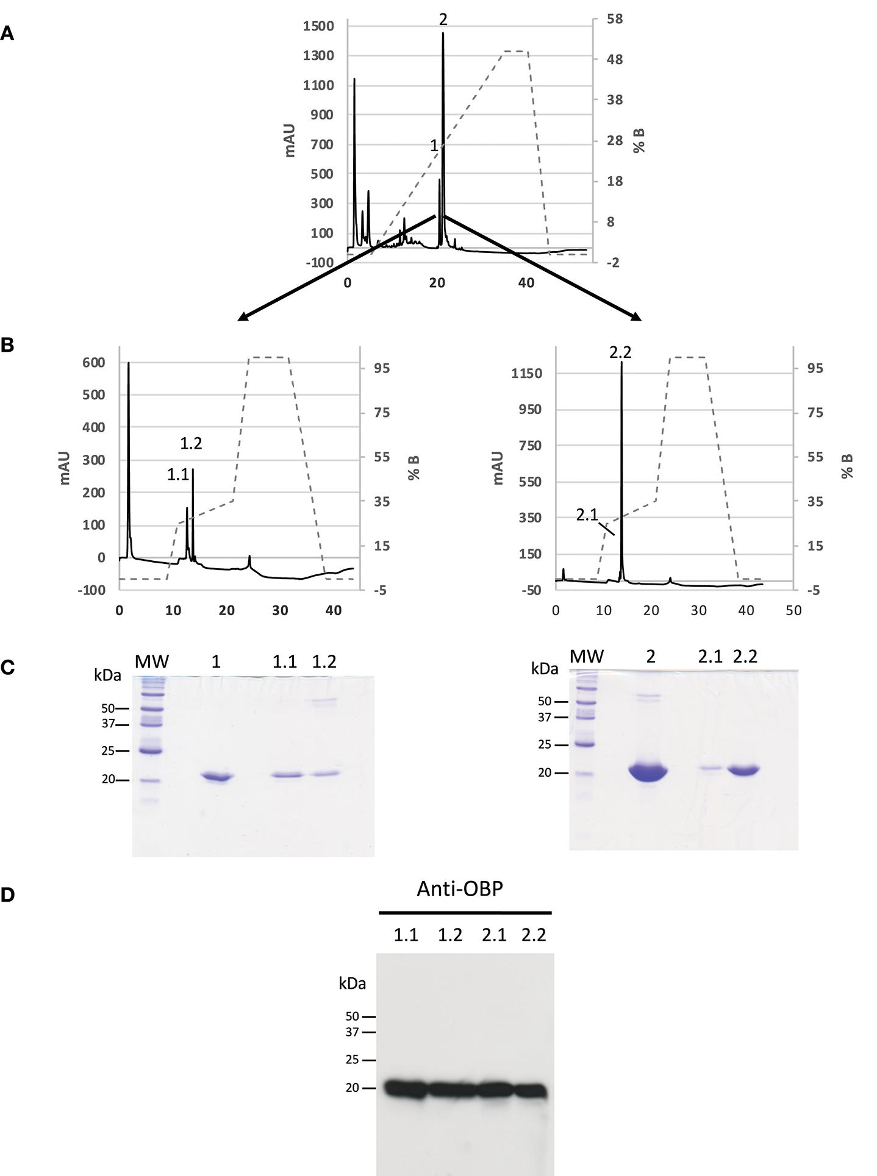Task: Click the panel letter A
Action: pos(7,34)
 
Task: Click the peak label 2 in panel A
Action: pos(443,20)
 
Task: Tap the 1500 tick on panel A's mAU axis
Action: pos(318,26)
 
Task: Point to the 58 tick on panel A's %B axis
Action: pos(614,20)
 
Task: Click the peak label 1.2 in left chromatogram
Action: pos(191,444)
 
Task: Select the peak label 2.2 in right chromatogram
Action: pos(620,352)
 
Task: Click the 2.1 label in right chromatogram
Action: pos(587,515)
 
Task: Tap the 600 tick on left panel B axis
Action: pos(94,363)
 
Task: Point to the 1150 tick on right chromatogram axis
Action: pos(526,374)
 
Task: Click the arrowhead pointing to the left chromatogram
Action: pos(242,317)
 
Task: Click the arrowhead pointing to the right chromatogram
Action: pos(637,317)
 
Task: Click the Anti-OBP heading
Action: pos(460,889)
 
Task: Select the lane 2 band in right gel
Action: pos(648,772)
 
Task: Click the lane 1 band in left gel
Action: pos(217,777)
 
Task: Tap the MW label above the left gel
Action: pos(152,661)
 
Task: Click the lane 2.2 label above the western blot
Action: pos(534,935)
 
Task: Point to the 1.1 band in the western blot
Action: pos(406,1089)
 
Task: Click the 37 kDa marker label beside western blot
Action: pos(353,1032)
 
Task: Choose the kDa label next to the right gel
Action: pos(544,669)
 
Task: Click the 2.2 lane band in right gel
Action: pos(743,770)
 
